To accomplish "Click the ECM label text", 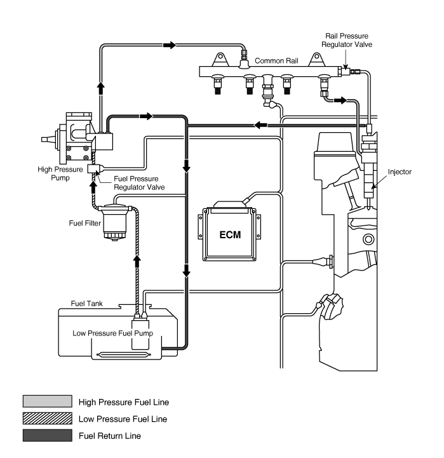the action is (x=230, y=235).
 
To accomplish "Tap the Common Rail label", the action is (x=276, y=61).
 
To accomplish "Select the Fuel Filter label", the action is (x=84, y=223).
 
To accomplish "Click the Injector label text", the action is (x=400, y=172).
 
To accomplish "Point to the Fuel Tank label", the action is (x=87, y=304).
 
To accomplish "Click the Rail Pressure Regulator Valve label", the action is (x=347, y=40).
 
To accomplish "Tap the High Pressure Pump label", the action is (x=60, y=173).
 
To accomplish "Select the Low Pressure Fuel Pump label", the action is (x=113, y=333).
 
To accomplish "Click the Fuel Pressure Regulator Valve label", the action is (x=139, y=183).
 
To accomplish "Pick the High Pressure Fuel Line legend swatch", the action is (x=47, y=401).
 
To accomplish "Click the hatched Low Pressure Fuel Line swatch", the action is (x=47, y=418).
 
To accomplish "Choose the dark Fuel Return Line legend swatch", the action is (x=47, y=435).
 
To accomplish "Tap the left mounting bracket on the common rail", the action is (x=220, y=60).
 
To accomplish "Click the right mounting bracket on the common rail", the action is (x=316, y=60).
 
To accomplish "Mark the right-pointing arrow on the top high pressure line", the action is (x=170, y=45).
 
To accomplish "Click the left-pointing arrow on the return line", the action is (x=260, y=125).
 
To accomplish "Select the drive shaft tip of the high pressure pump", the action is (x=44, y=140).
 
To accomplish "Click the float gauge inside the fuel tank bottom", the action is (x=124, y=355).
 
